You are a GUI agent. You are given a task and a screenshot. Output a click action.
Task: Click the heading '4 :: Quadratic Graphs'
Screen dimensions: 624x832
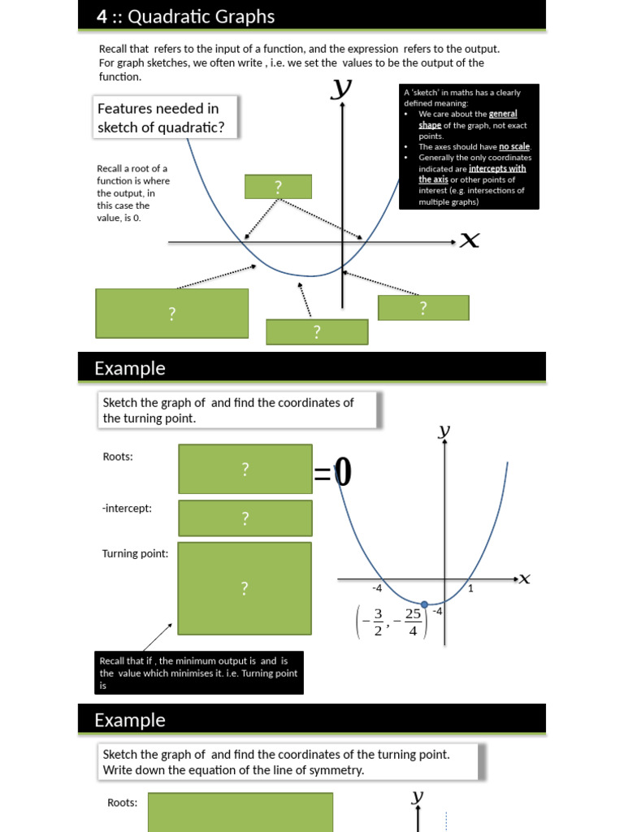point(184,16)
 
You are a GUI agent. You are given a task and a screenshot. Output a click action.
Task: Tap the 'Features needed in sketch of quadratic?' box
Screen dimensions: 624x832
point(158,118)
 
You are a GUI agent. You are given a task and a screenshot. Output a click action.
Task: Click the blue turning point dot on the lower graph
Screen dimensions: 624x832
point(424,604)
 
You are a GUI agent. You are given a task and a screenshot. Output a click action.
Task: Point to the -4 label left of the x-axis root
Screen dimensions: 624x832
point(377,587)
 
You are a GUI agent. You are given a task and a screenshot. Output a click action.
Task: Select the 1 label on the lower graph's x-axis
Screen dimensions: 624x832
point(470,587)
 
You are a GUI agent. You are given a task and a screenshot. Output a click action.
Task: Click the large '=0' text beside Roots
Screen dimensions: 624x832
point(333,473)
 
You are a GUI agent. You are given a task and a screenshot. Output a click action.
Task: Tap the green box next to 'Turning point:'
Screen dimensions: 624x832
point(245,588)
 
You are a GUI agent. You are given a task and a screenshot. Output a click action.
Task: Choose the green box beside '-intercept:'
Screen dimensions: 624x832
point(245,518)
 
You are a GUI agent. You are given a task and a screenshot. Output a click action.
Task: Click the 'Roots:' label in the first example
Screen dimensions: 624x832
point(118,457)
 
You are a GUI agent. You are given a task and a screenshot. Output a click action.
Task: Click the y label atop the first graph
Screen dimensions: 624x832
point(342,89)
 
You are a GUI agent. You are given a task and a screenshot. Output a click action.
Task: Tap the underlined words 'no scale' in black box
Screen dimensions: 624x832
point(514,147)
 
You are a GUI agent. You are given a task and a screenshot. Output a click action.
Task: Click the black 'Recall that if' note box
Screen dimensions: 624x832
point(198,673)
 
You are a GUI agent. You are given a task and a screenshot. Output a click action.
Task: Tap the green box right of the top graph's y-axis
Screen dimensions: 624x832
point(423,308)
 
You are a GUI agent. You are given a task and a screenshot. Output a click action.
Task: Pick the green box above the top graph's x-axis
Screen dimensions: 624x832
point(278,187)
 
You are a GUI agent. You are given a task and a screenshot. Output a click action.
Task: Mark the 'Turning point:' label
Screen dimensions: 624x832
point(136,553)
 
